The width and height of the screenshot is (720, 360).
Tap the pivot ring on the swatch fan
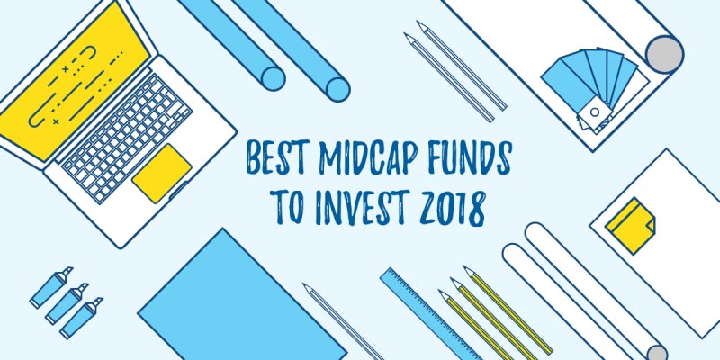pos(593,113)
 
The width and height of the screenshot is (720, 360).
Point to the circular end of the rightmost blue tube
pos(337,88)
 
